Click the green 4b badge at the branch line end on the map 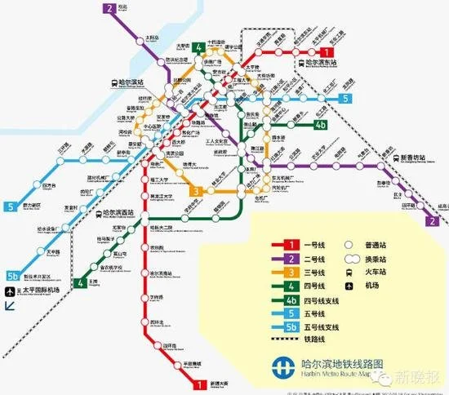tap(321, 125)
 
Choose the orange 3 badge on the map tap(196, 192)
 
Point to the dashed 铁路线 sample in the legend tap(289, 339)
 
